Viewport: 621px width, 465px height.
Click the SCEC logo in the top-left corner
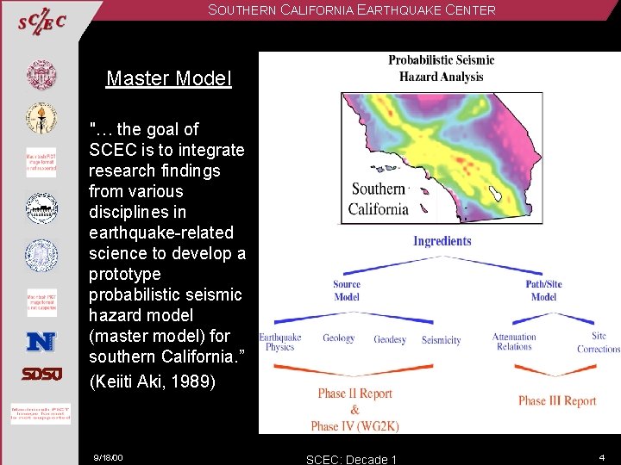(x=41, y=22)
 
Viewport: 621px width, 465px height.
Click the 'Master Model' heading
(x=168, y=79)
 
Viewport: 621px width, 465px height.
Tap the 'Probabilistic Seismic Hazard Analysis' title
(x=441, y=68)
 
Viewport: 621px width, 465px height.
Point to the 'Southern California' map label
(x=378, y=199)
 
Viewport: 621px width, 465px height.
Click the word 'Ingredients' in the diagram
(x=442, y=241)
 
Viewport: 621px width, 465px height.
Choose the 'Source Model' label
(x=347, y=290)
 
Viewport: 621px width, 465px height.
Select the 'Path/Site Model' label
(x=543, y=290)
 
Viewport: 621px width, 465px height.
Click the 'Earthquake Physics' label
(x=279, y=342)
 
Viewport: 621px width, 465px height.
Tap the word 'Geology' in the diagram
(x=338, y=338)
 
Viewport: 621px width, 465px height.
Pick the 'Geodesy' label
(x=390, y=340)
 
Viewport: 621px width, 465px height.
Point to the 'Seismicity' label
(x=441, y=340)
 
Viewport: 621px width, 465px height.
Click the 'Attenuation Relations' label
(x=514, y=342)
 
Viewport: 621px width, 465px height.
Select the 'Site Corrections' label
(x=599, y=343)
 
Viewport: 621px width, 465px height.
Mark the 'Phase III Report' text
(x=557, y=400)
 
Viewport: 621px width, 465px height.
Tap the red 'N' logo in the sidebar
(x=41, y=342)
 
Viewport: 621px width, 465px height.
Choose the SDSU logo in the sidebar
(x=41, y=375)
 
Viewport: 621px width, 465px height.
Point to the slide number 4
(x=601, y=456)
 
